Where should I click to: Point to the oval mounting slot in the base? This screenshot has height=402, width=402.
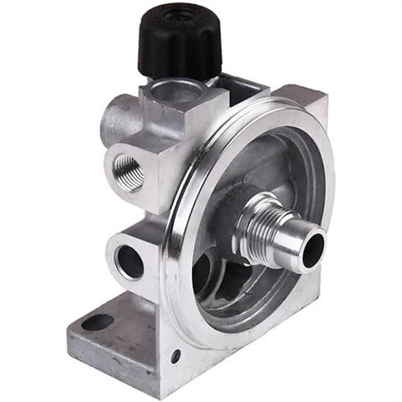[x=97, y=322]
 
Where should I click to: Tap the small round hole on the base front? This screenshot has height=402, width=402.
[x=175, y=356]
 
